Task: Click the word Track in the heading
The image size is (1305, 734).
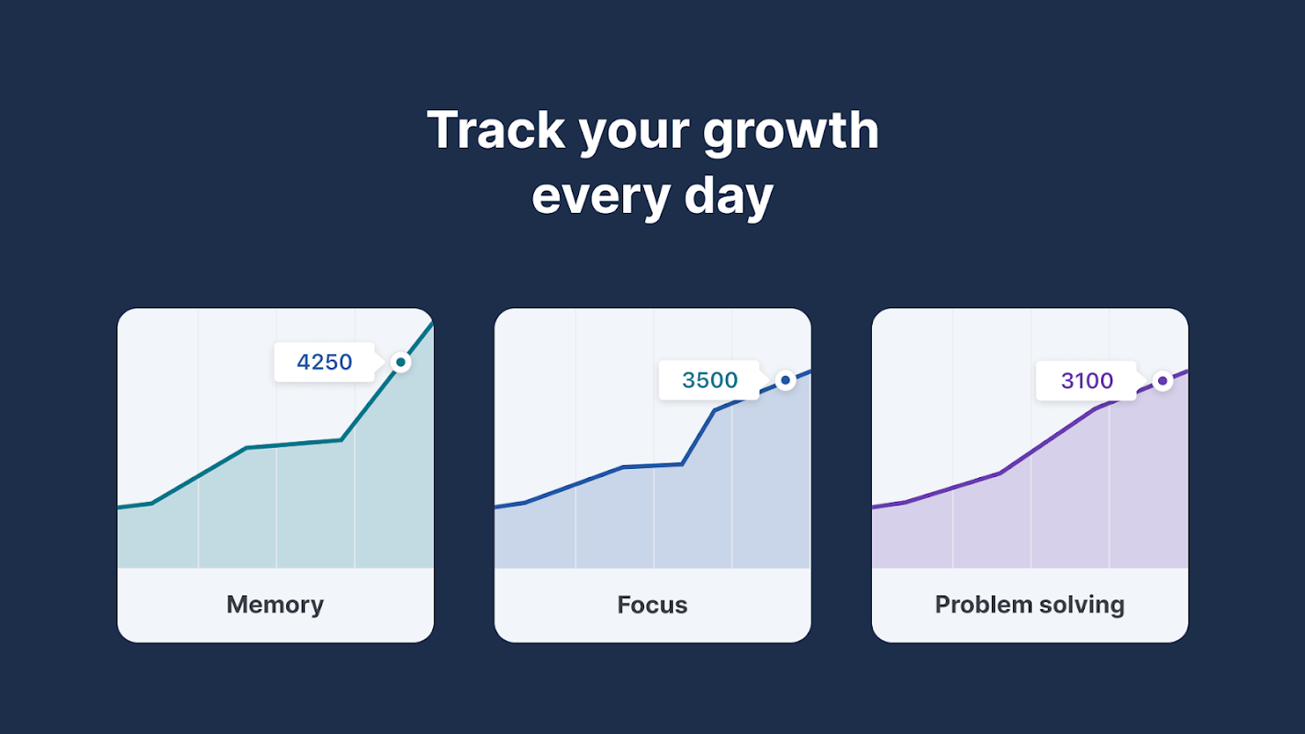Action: pos(496,130)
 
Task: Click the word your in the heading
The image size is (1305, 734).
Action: pos(633,135)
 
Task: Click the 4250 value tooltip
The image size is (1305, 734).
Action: pos(325,361)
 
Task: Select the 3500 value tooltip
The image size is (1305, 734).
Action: pos(709,380)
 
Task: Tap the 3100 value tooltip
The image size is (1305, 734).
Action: pos(1087,381)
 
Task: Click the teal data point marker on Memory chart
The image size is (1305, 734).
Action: pos(400,361)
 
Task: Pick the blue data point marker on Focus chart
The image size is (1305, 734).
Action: pos(786,380)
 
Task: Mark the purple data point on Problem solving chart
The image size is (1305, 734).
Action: pos(1162,381)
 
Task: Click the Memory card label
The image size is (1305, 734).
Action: pos(275,605)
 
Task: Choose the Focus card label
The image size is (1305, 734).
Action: pos(652,605)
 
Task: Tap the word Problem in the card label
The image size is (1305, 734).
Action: pos(983,605)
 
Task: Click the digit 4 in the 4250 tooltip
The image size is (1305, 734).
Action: pos(303,361)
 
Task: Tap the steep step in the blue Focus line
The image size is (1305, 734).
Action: pos(698,437)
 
